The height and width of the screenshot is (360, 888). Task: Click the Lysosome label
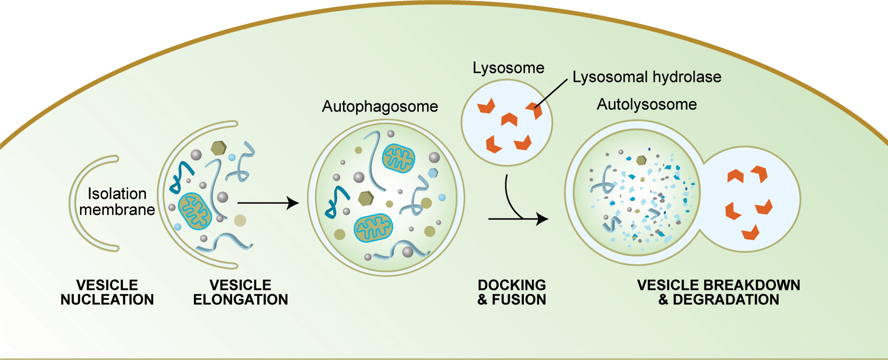(x=508, y=68)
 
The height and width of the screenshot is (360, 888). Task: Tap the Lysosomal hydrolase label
(x=646, y=77)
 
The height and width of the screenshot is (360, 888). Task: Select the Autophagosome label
(x=380, y=107)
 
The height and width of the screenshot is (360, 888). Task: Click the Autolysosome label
(x=646, y=105)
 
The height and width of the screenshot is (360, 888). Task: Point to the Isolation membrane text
(x=117, y=202)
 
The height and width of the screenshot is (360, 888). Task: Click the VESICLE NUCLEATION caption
(x=107, y=292)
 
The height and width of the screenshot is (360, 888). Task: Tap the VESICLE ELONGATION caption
(x=240, y=292)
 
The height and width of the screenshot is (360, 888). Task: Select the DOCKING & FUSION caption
(x=512, y=292)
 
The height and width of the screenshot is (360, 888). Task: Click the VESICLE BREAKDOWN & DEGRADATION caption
(x=718, y=292)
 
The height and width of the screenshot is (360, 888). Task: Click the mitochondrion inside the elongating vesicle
(x=194, y=211)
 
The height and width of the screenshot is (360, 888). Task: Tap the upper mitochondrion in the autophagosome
(x=399, y=158)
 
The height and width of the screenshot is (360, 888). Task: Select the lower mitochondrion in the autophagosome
(x=373, y=228)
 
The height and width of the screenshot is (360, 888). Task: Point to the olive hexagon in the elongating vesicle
(x=218, y=147)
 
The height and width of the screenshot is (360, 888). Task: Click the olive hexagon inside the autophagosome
(x=366, y=198)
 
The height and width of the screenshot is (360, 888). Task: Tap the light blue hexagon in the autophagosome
(x=433, y=173)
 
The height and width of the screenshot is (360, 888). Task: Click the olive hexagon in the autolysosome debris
(x=641, y=160)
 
